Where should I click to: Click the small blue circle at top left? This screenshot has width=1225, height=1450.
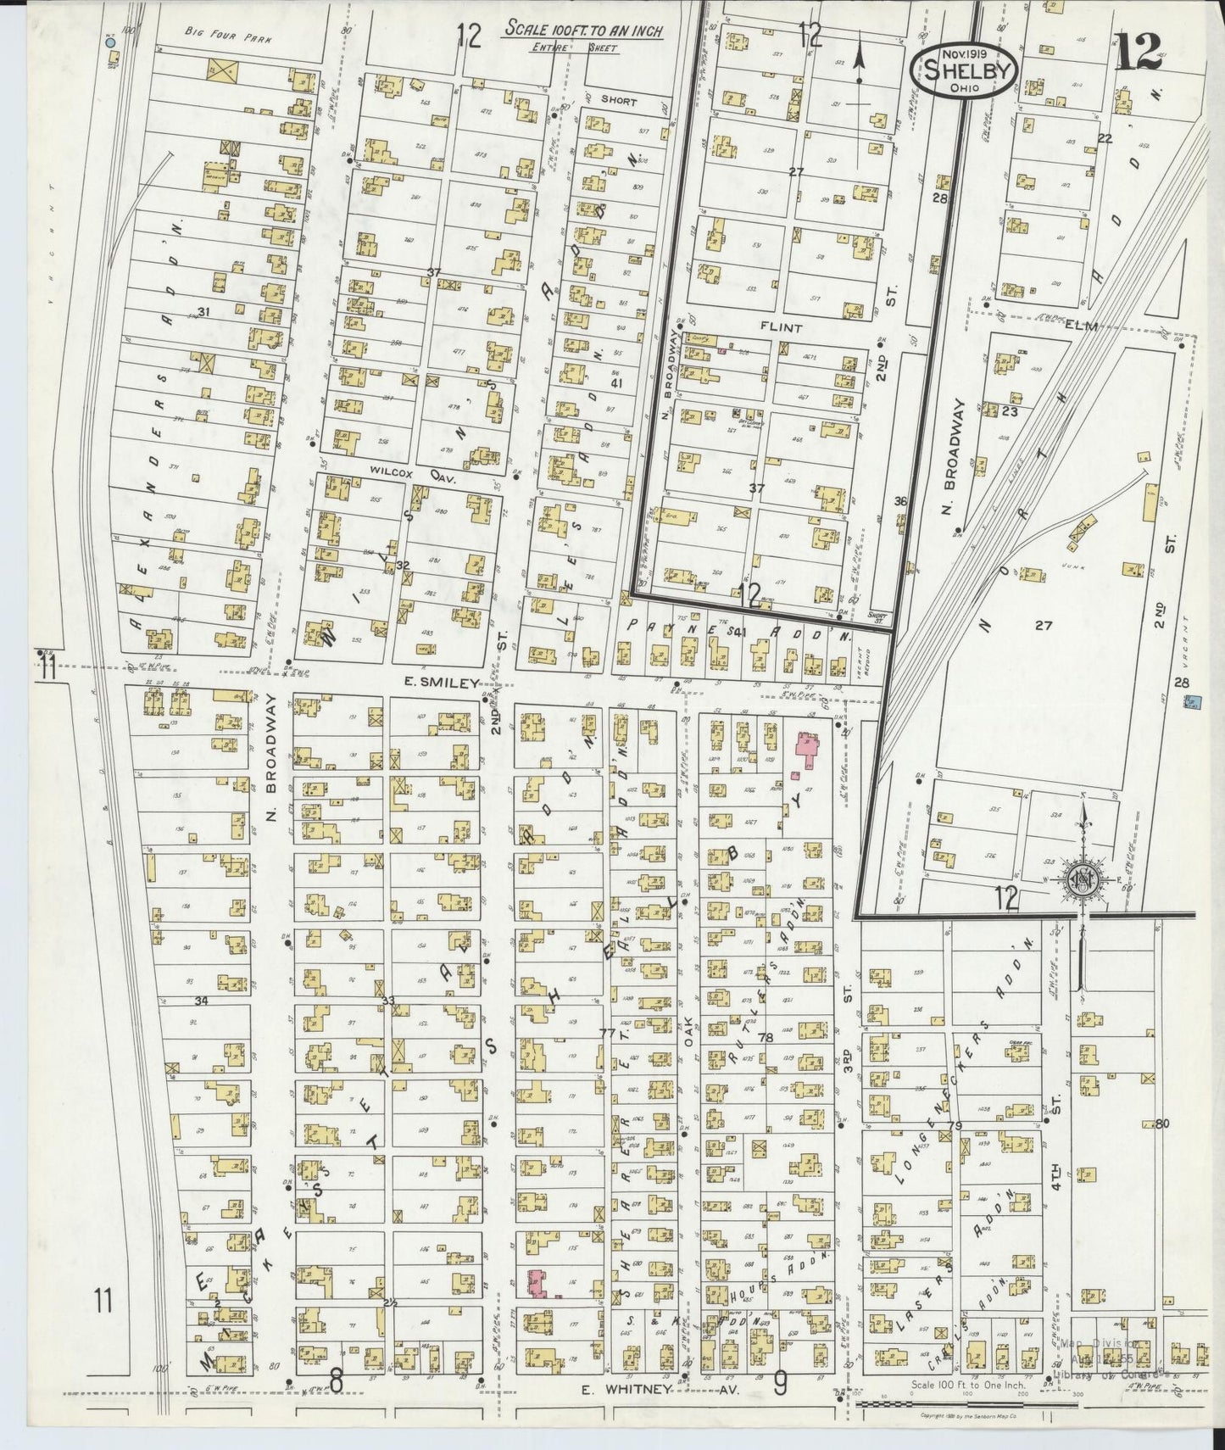tap(109, 42)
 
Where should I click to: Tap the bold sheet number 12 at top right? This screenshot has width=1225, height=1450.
tap(1138, 55)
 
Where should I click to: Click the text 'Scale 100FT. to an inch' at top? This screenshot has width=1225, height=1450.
tap(583, 29)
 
